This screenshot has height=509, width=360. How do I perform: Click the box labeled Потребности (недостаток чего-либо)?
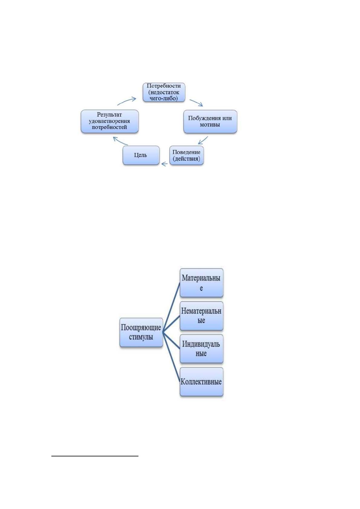point(164,92)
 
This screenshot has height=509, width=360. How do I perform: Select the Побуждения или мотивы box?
point(210,122)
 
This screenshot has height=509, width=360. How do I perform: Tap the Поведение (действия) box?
point(186,155)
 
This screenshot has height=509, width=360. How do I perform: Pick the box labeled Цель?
point(141,155)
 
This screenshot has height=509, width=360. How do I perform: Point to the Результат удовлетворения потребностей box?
point(109,121)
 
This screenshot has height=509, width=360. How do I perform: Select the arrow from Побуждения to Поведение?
point(203,141)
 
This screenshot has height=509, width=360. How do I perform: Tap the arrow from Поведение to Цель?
point(164,164)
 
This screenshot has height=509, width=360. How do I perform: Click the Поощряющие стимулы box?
point(141,332)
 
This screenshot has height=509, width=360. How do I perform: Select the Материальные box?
point(201,283)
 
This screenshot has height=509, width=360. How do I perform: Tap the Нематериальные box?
point(201,316)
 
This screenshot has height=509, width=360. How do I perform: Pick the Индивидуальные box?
point(201,349)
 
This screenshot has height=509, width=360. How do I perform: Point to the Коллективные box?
point(201,382)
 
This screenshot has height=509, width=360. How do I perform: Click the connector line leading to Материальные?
point(171,307)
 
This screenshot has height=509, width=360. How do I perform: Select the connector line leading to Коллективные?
point(171,357)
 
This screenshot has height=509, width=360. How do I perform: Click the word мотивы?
point(210,125)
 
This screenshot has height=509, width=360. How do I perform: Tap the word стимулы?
point(141,337)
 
